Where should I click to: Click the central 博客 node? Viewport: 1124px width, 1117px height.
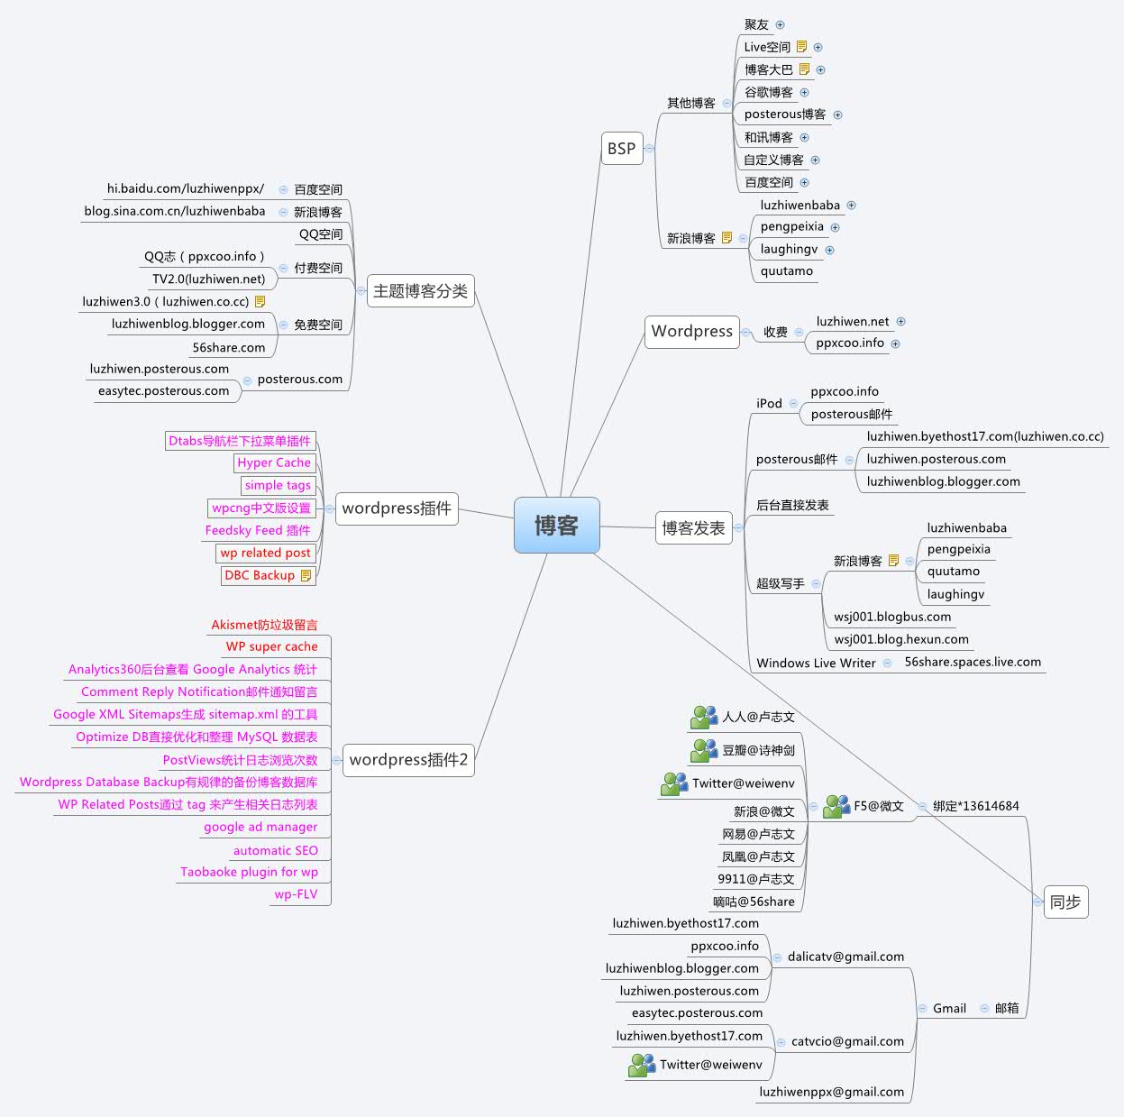556,525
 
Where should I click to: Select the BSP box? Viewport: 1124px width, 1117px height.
621,149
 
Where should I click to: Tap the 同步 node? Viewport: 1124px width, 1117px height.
1065,902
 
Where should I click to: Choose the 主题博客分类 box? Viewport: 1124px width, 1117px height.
420,291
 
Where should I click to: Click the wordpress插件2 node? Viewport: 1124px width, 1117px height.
408,760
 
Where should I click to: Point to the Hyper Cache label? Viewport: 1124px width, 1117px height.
274,462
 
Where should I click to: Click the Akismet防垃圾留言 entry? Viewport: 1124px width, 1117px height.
264,625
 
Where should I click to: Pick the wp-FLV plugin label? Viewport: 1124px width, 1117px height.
296,894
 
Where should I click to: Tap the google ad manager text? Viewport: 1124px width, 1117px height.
260,827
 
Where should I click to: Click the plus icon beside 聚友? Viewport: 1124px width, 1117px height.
781,25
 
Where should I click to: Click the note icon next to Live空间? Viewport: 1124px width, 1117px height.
801,47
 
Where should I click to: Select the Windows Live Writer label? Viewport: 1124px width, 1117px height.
816,663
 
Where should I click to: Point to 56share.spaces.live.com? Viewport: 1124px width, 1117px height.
973,662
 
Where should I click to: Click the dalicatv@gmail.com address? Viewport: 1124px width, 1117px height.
845,957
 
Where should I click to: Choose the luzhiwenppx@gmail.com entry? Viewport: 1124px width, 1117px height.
831,1092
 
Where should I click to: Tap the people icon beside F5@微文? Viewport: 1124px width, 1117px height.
836,806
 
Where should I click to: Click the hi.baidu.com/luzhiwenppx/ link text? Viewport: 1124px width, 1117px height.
186,189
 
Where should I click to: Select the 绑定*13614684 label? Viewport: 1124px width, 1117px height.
975,806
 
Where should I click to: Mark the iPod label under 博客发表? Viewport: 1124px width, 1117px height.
769,404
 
